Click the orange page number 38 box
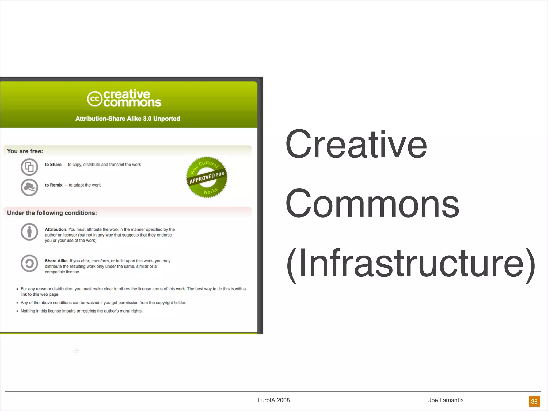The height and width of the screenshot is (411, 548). click(534, 401)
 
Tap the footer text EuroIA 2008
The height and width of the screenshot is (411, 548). click(273, 400)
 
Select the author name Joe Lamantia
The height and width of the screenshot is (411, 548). click(446, 400)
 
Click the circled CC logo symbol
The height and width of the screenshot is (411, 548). click(95, 99)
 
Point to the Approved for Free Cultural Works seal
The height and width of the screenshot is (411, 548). click(207, 177)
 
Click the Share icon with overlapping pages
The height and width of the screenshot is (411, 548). click(29, 167)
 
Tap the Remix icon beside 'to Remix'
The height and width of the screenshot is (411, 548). click(29, 187)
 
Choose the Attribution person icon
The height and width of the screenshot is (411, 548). click(29, 232)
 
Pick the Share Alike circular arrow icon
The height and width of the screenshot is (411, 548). click(29, 263)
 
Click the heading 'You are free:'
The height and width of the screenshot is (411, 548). click(25, 151)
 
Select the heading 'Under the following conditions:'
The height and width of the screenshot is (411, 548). click(52, 213)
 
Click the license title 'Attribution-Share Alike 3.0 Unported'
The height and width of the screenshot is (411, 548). click(128, 119)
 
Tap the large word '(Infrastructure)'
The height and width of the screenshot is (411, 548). click(411, 263)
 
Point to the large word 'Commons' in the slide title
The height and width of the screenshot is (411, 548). click(372, 203)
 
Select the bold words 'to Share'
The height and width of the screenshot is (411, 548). click(53, 165)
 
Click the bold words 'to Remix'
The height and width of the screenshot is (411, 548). click(54, 185)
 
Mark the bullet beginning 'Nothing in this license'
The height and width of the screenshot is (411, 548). click(82, 311)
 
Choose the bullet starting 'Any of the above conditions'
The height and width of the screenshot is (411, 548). click(103, 303)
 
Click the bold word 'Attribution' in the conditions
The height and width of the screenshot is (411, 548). click(55, 229)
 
